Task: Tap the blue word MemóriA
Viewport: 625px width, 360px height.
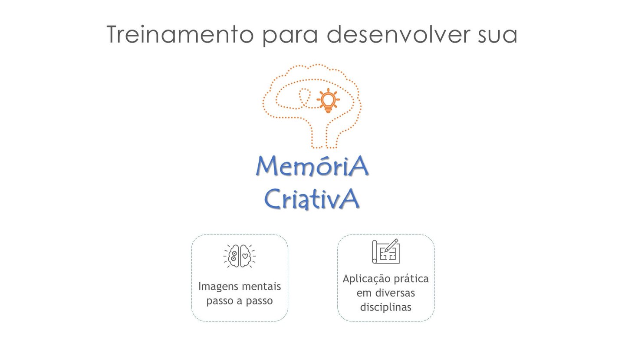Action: (312, 167)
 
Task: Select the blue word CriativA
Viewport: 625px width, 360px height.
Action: (312, 199)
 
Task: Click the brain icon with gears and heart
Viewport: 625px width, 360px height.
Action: (240, 256)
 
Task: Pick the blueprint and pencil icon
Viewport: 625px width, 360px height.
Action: (385, 251)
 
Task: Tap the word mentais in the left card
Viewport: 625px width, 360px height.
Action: (260, 287)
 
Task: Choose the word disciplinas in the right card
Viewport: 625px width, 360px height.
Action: (385, 307)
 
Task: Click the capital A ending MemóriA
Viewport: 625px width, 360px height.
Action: (359, 166)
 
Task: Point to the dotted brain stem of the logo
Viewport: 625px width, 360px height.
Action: (324, 135)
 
